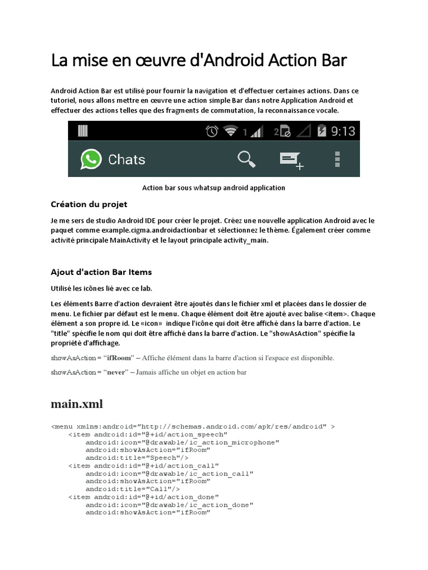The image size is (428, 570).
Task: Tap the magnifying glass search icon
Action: click(246, 159)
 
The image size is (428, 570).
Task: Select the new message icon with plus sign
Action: click(291, 160)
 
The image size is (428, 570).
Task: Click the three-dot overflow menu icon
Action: click(336, 159)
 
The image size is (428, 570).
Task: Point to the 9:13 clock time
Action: click(343, 131)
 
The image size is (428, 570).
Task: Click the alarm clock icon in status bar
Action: click(212, 131)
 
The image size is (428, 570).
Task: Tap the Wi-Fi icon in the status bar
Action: click(230, 131)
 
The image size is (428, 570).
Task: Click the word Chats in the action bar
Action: click(127, 160)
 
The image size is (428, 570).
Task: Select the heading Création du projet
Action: click(89, 204)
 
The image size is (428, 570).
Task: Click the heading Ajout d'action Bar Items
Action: click(101, 272)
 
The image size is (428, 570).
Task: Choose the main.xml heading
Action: click(77, 404)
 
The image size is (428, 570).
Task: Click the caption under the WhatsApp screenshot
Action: click(214, 188)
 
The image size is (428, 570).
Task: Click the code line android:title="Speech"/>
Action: click(133, 458)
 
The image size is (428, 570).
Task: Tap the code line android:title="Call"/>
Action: click(128, 489)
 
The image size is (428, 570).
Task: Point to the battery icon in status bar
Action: click(322, 131)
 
